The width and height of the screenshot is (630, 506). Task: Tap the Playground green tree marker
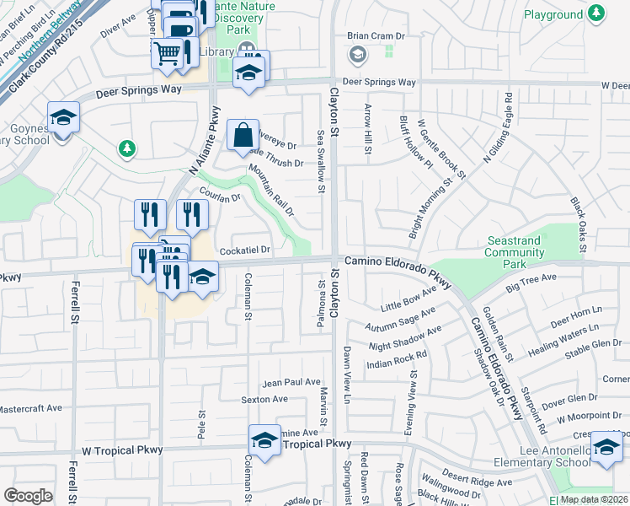[x=597, y=13]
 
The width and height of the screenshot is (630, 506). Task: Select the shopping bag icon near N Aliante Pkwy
[x=243, y=134]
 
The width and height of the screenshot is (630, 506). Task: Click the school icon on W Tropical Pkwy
[x=264, y=441]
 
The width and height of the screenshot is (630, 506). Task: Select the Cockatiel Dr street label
[x=244, y=250]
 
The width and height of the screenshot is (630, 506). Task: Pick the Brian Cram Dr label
[x=376, y=36]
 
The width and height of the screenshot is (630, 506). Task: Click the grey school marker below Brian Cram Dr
[x=357, y=55]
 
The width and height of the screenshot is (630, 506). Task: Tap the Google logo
[x=28, y=496]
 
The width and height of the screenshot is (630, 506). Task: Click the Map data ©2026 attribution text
[x=594, y=499]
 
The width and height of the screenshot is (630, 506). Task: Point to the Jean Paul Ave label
[x=291, y=382]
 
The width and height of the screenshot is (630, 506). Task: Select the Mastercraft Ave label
[x=31, y=408]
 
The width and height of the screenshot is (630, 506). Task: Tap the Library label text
[x=218, y=51]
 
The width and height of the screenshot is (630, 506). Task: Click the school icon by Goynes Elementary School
[x=62, y=118]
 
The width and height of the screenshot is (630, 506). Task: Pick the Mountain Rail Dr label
[x=270, y=190]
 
